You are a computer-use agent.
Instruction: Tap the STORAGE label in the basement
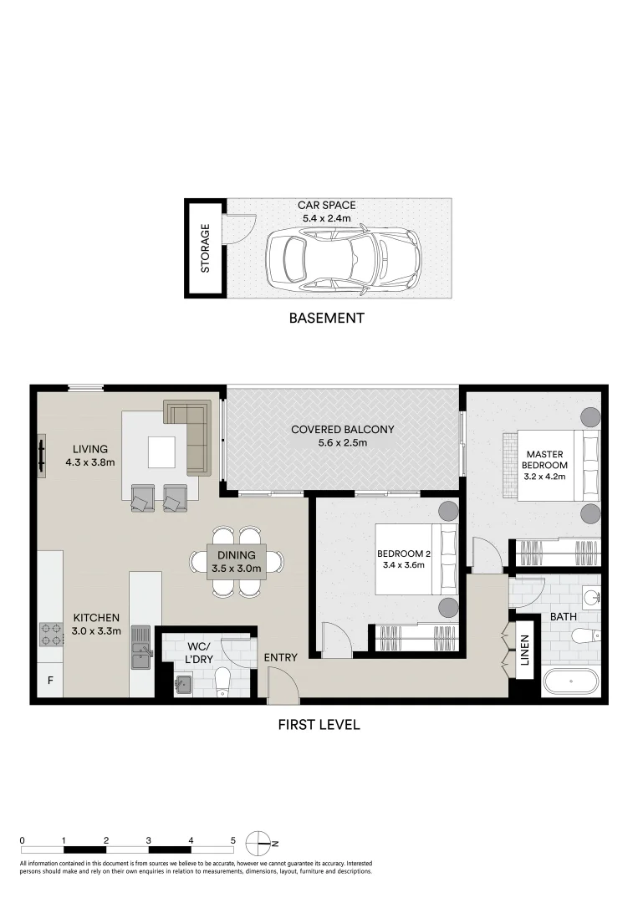[206, 248]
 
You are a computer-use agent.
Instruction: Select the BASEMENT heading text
[326, 318]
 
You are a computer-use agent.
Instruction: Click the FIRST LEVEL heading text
[319, 725]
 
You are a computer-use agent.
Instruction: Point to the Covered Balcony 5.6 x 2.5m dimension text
[342, 443]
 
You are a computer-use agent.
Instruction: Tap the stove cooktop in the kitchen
[51, 635]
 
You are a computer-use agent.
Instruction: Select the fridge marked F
[50, 681]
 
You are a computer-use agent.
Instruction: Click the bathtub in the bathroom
[571, 681]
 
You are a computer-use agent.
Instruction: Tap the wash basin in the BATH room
[591, 597]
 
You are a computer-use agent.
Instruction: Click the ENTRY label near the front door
[280, 658]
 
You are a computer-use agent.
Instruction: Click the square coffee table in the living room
[162, 452]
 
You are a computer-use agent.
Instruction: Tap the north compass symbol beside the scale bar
[258, 841]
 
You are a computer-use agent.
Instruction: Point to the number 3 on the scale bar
[148, 840]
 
